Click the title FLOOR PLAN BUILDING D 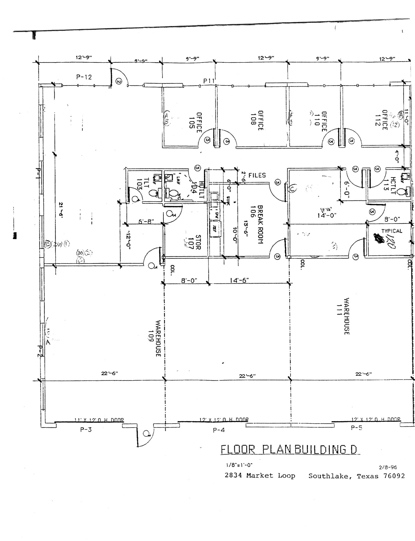[290, 449]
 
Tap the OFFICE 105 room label [196, 123]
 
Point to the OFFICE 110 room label [321, 121]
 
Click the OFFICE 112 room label [381, 120]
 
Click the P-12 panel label [84, 77]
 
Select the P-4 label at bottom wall [219, 430]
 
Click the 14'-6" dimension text [239, 280]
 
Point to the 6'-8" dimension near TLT [146, 221]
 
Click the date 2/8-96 [388, 467]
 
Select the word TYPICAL [392, 231]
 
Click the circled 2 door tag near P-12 [119, 82]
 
